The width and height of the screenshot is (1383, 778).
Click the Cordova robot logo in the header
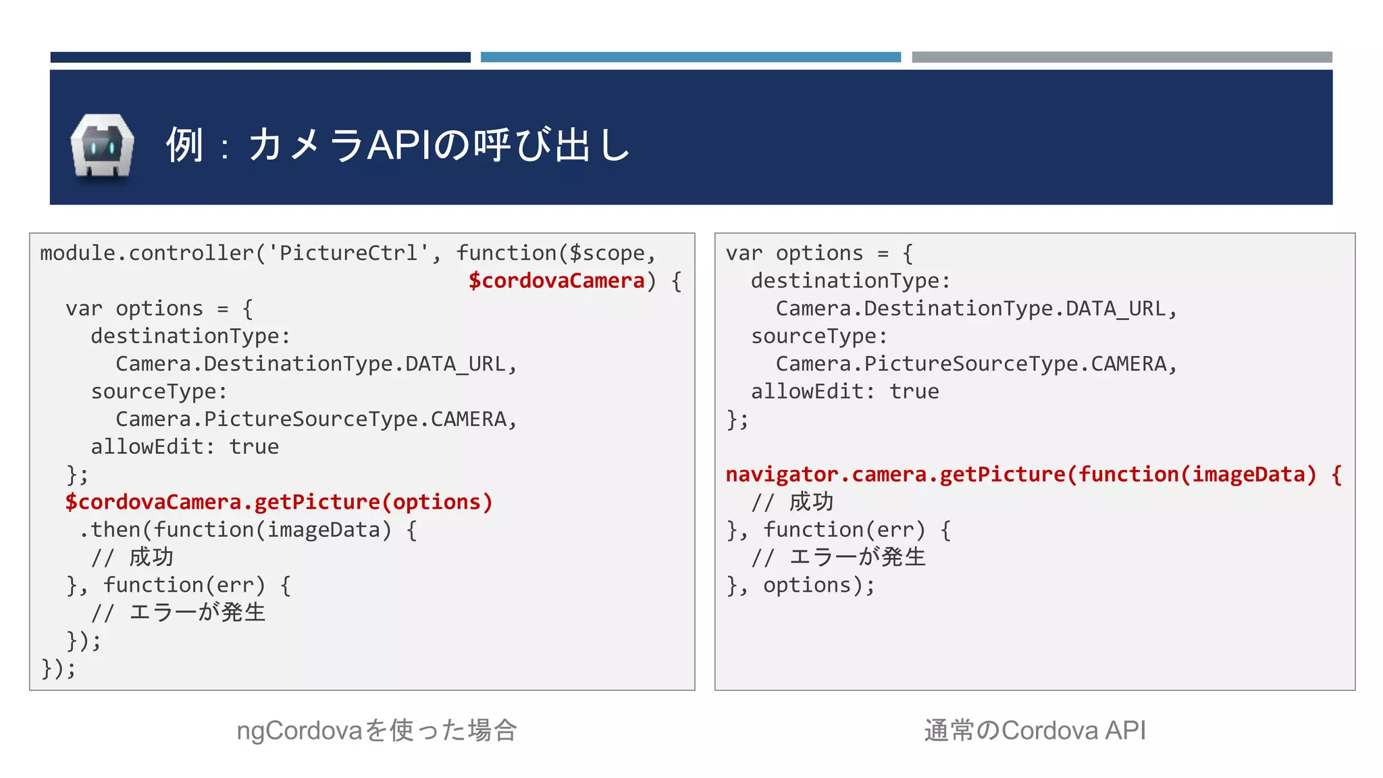[102, 146]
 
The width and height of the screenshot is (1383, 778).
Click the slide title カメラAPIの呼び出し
[398, 145]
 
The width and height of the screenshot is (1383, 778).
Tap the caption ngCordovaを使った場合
[377, 731]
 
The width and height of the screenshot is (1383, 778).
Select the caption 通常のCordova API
[1035, 731]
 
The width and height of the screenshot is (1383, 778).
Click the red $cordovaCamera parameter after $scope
[556, 281]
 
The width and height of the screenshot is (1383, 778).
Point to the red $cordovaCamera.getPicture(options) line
[279, 502]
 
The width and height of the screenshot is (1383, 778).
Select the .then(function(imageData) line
[247, 530]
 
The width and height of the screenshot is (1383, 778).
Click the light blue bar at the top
[690, 57]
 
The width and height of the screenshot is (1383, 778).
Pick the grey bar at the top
[1122, 57]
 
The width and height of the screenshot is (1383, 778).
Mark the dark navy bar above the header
[260, 57]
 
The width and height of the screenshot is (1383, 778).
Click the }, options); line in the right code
[800, 586]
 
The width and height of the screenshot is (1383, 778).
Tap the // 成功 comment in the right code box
[792, 502]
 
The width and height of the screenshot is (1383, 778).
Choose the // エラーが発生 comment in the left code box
[178, 613]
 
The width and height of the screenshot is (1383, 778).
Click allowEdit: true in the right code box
[845, 392]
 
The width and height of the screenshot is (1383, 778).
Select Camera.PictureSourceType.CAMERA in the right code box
[976, 364]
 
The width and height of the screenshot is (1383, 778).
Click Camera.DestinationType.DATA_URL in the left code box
[316, 364]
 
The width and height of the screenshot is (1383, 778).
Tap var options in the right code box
[794, 253]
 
